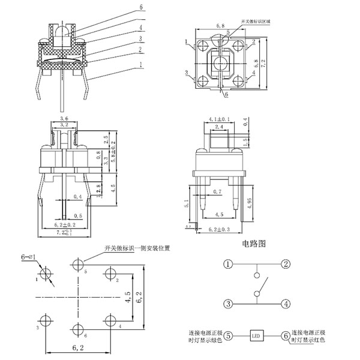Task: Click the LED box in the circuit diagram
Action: (x=257, y=335)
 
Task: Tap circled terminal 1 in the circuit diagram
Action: (x=228, y=264)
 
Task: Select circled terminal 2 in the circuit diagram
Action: (x=286, y=264)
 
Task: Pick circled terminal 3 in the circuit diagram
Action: (x=228, y=303)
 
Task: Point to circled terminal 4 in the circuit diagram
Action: (x=286, y=303)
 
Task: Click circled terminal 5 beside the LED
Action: (x=229, y=335)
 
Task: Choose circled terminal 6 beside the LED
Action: (x=286, y=335)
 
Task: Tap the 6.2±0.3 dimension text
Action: (x=219, y=230)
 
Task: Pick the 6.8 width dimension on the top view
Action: (x=220, y=27)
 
